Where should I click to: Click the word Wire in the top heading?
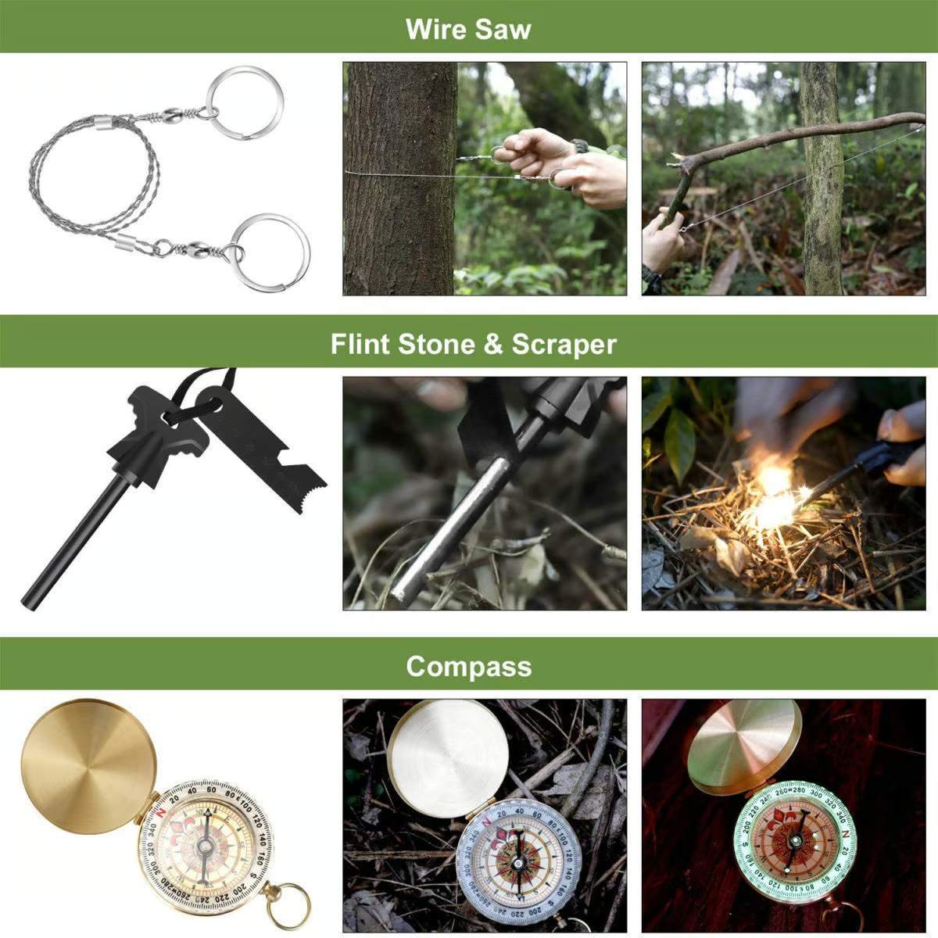pos(433,30)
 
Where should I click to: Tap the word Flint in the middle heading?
pos(362,345)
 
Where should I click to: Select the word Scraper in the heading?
pos(564,345)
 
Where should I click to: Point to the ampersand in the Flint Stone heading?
pos(492,345)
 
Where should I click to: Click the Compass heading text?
pos(468,667)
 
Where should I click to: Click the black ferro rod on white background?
pos(70,539)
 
